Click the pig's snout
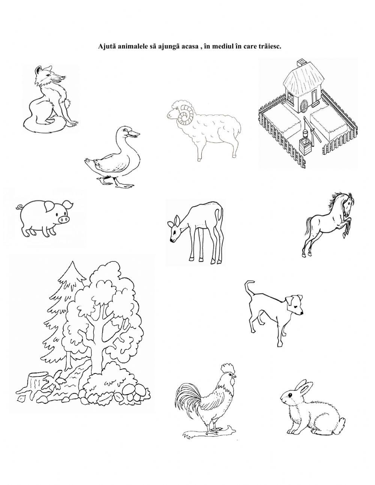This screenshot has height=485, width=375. [64, 219]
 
